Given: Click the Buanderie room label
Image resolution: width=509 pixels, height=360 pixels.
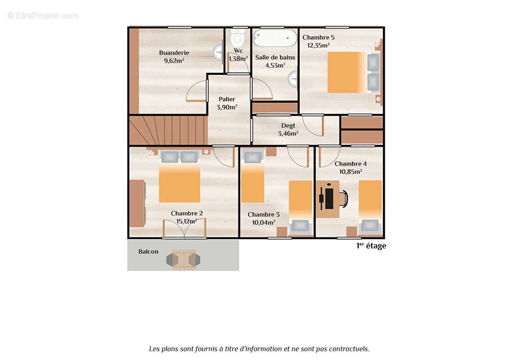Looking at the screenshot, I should pos(174,53).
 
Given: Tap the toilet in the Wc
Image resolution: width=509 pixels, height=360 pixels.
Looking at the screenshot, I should pos(237,38).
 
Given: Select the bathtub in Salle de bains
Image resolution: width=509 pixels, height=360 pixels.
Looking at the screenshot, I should pos(274,38).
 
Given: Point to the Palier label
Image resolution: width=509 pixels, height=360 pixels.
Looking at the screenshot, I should pos(227,99).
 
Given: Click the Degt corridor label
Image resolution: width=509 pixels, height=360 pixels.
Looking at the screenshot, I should pos(288,126).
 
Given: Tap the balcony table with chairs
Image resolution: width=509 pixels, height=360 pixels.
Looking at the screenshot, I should pos(183,259).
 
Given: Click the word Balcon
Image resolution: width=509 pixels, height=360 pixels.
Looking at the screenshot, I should pos(148,252).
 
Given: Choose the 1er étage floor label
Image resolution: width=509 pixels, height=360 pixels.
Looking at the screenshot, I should pos(371,246).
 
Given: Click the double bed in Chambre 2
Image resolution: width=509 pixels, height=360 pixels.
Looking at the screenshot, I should pos(179,180).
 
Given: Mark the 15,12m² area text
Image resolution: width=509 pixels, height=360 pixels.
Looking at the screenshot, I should pos(187,221).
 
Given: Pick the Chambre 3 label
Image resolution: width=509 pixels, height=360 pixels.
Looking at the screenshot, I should pos(263,215).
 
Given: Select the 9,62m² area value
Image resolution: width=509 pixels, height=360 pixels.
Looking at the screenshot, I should pos(174,61).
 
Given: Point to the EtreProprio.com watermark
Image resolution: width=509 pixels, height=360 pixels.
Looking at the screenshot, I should pos(43,16).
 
